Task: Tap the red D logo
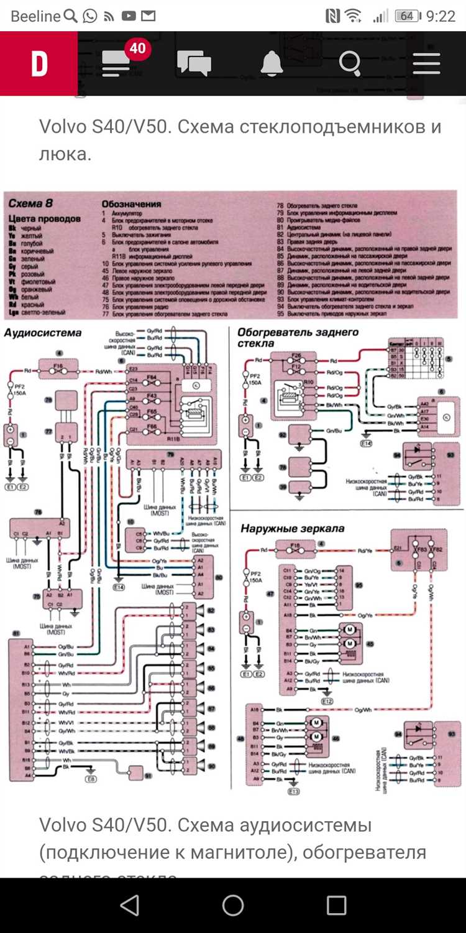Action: pos(39,63)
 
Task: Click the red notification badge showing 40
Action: pos(137,48)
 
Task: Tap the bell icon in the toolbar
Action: pos(272,63)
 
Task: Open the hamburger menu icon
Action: pos(426,63)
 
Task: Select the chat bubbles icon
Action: pos(194,63)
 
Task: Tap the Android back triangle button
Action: pos(129,906)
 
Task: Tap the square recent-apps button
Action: pos(336,906)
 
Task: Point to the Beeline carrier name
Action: pos(35,16)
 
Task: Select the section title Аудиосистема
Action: pos(43,333)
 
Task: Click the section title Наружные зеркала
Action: pos(292,529)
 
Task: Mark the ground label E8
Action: pos(92,778)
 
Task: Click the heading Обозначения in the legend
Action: pos(131,203)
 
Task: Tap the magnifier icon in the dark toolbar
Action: pos(350,63)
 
